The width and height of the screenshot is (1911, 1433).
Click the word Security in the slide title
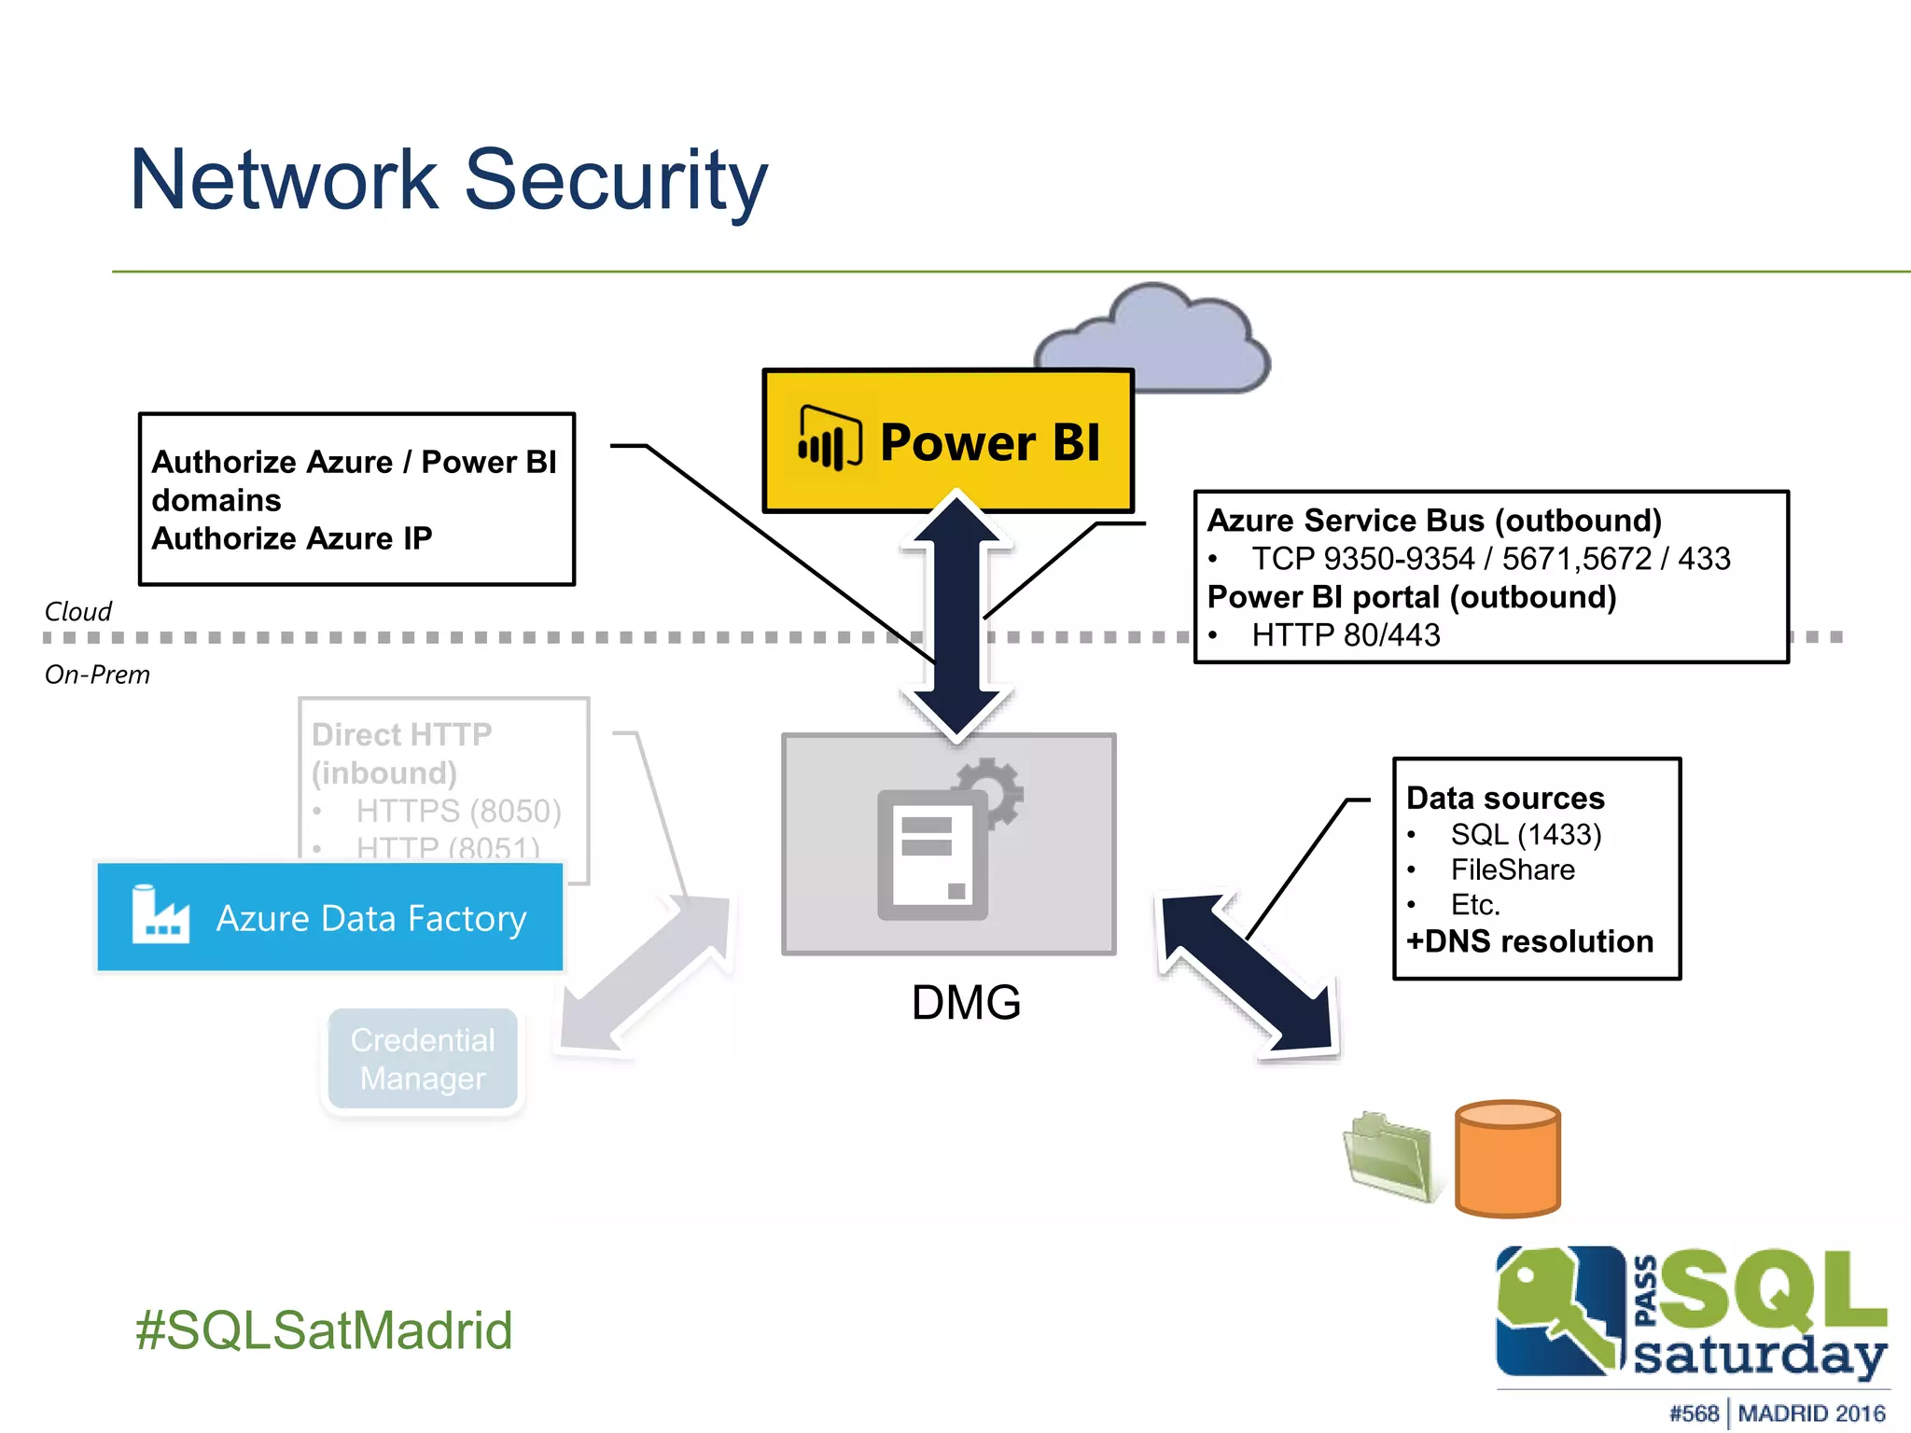pyautogui.click(x=616, y=180)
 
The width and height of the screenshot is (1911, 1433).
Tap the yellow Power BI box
pyautogui.click(x=948, y=440)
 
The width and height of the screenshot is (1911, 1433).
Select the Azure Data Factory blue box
pyautogui.click(x=330, y=918)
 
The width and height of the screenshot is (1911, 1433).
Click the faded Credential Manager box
pyautogui.click(x=423, y=1059)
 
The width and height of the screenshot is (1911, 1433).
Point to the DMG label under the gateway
pyautogui.click(x=966, y=1003)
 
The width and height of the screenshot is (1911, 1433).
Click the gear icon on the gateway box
pyautogui.click(x=992, y=791)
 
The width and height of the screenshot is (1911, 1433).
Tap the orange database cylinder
pyautogui.click(x=1507, y=1159)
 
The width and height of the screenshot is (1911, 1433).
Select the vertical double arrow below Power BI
pyautogui.click(x=956, y=616)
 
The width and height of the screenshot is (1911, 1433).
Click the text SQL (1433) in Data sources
pyautogui.click(x=1525, y=834)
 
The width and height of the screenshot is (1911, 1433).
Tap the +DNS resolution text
pyautogui.click(x=1529, y=941)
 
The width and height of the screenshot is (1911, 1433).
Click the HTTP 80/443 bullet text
pyautogui.click(x=1345, y=635)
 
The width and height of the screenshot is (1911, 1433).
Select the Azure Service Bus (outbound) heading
pyautogui.click(x=1434, y=520)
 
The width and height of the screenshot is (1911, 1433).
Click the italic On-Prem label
pyautogui.click(x=97, y=675)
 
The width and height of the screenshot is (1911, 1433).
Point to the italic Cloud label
pyautogui.click(x=77, y=612)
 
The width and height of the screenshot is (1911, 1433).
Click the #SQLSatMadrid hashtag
pyautogui.click(x=324, y=1329)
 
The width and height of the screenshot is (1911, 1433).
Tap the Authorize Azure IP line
pyautogui.click(x=292, y=538)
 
